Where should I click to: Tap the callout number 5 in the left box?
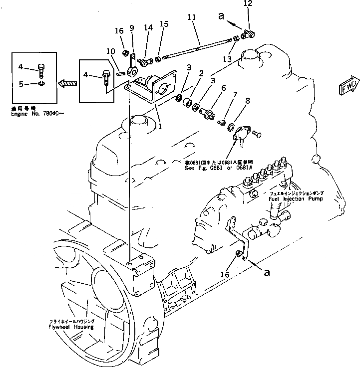(20, 84)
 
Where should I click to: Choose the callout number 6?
(223, 88)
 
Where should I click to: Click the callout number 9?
(132, 28)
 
